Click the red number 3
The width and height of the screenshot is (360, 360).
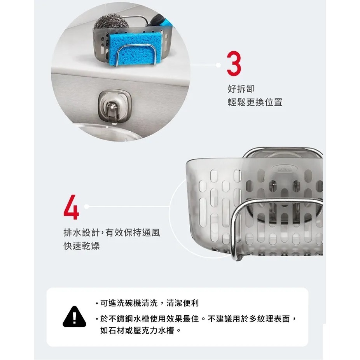point(234,65)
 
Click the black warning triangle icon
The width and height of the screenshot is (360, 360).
point(75,316)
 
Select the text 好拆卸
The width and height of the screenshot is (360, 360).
point(241,89)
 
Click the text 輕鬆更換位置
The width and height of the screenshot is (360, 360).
point(255,102)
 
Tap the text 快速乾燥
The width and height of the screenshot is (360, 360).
point(82,246)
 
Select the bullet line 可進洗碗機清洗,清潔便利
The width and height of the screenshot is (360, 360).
point(149,303)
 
